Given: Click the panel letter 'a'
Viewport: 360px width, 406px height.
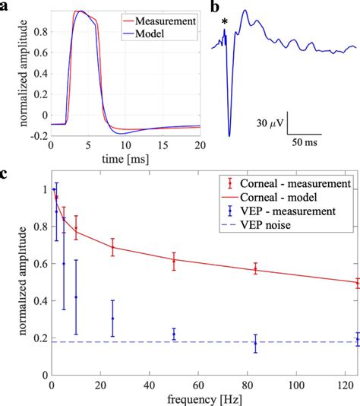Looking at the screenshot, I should (5, 7).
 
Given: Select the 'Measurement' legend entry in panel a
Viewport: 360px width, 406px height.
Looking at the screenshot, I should (167, 21).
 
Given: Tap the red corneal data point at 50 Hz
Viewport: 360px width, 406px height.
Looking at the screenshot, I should (174, 262).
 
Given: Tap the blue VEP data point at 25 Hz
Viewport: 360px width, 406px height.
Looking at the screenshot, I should (112, 318).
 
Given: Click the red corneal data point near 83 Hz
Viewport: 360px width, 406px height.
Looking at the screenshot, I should (255, 269).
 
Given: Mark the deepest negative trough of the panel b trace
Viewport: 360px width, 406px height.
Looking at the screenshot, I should (229, 135).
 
